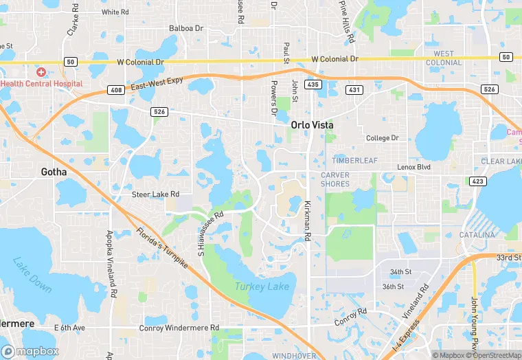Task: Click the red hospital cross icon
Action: pyautogui.click(x=41, y=72)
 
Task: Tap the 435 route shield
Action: pyautogui.click(x=313, y=84)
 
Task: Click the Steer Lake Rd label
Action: pyautogui.click(x=155, y=194)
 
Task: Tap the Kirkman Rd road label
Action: pyautogui.click(x=308, y=220)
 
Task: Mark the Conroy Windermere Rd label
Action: pyautogui.click(x=181, y=328)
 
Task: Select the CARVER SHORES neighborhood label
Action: pyautogui.click(x=335, y=179)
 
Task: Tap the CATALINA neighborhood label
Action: pyautogui.click(x=476, y=235)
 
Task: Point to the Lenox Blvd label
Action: pyautogui.click(x=413, y=167)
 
